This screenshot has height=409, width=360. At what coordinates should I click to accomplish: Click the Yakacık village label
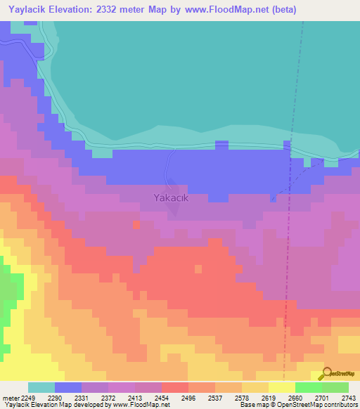[172, 197]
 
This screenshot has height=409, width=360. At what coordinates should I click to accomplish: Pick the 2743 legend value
[349, 398]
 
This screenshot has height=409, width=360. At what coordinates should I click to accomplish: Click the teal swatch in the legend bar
[41, 387]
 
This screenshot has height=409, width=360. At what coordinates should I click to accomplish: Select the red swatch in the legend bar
[175, 387]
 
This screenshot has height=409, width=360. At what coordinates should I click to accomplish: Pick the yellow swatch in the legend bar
[282, 387]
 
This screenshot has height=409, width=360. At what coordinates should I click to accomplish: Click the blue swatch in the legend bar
[68, 387]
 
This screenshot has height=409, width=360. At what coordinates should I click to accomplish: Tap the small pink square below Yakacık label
[136, 224]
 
